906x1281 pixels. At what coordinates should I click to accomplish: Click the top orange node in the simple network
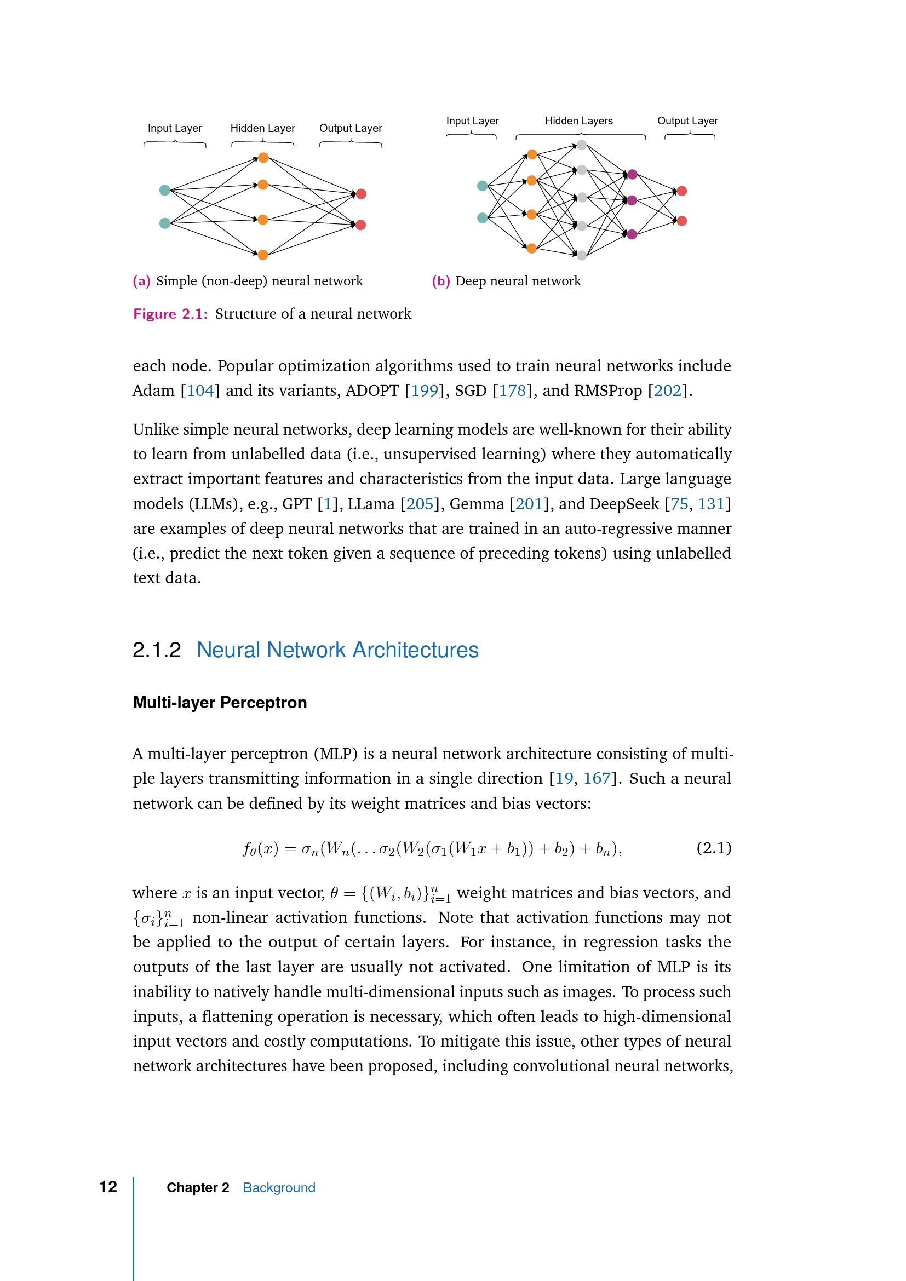pos(263,158)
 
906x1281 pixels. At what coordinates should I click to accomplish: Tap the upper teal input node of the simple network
pos(164,190)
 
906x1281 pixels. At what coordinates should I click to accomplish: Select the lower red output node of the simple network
pos(361,225)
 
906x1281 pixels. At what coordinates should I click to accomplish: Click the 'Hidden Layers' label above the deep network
pos(578,121)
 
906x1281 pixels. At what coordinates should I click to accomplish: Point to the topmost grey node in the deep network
pos(582,145)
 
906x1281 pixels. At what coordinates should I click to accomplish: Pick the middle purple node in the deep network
pos(632,200)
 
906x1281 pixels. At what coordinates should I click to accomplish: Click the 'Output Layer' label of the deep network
pos(687,121)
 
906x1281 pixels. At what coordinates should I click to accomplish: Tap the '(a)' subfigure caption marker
pos(142,281)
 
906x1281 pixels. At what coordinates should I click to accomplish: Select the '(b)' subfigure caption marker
pos(441,281)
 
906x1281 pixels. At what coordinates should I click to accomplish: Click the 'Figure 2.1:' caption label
pos(170,314)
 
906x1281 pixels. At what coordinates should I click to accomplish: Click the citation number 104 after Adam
pos(200,390)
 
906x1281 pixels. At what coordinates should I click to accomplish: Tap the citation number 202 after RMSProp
pos(667,390)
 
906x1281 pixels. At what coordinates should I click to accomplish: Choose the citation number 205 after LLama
pos(420,504)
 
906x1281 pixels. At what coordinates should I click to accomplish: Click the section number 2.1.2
pos(157,651)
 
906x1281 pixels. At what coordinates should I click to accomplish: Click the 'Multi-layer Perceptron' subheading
pos(220,703)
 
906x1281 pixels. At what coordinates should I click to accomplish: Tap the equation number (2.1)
pos(714,848)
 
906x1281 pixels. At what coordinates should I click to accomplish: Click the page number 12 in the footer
pos(108,1187)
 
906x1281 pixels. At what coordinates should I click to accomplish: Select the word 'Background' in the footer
pos(279,1188)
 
